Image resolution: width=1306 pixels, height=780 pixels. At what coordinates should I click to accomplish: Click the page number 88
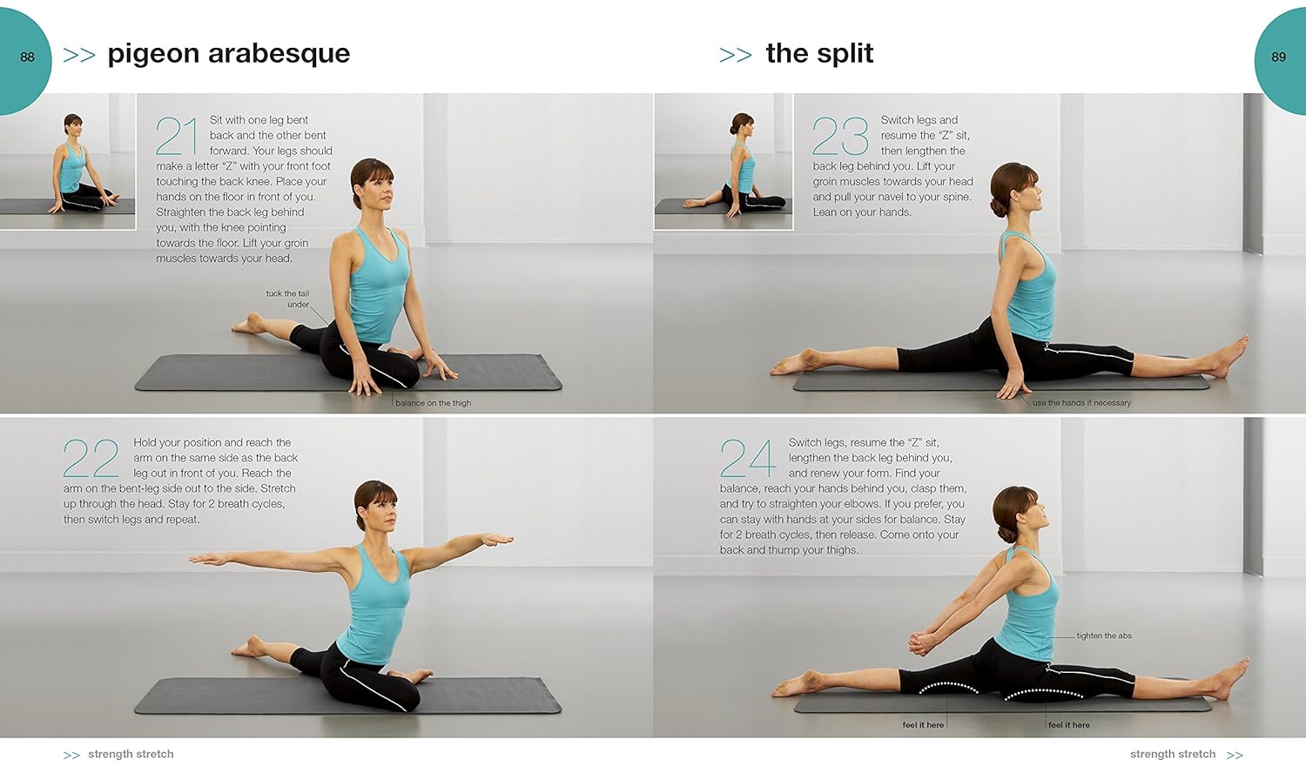(27, 57)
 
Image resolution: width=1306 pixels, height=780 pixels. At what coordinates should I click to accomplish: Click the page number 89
(1279, 57)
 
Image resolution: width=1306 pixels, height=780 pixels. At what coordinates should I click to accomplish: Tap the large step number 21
(178, 137)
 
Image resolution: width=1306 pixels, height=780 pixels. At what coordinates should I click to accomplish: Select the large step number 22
(91, 459)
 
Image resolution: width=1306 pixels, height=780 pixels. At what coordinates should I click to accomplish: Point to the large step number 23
(840, 137)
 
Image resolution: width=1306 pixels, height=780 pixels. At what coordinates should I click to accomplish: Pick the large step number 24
(748, 459)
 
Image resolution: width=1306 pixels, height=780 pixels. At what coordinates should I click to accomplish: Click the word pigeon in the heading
(154, 55)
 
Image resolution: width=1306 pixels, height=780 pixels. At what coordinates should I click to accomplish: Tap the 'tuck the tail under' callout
(287, 299)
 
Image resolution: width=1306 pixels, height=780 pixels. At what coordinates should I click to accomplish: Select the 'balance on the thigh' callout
(434, 403)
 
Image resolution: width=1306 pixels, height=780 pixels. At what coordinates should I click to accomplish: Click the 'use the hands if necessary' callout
(1081, 403)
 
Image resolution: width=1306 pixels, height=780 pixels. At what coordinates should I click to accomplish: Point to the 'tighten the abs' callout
(1104, 636)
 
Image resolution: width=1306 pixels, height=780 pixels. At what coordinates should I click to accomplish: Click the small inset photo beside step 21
(68, 161)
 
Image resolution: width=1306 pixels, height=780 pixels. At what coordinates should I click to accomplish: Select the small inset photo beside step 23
(724, 161)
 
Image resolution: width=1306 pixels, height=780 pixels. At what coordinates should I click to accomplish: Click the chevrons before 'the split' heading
(735, 56)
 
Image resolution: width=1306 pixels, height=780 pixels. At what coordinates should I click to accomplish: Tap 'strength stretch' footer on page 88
(131, 755)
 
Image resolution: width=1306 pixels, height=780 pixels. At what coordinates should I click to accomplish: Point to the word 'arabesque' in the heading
(279, 55)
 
